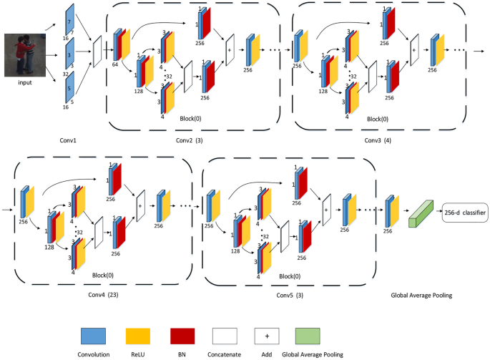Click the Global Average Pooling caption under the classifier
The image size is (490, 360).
[421, 295]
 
